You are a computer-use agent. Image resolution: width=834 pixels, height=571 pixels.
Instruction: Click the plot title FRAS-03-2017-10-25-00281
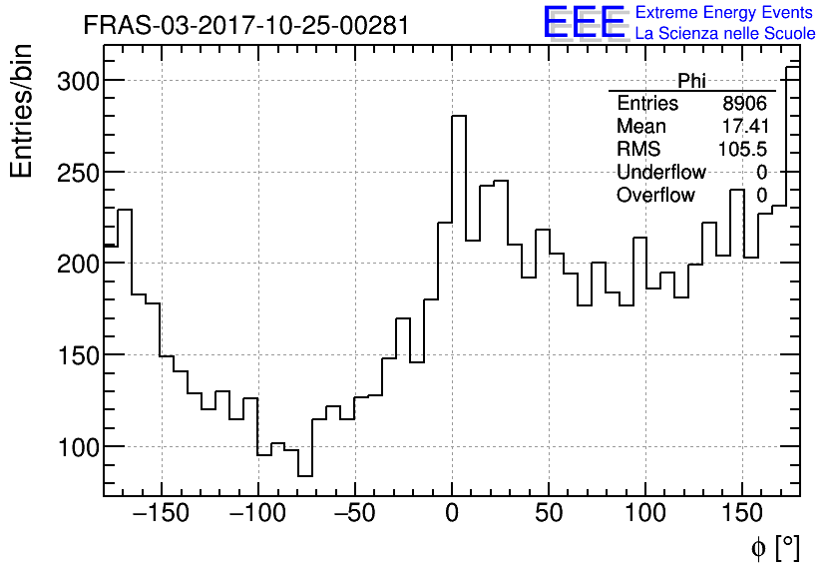coord(245,25)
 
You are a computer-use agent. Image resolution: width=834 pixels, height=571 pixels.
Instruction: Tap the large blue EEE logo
coord(584,23)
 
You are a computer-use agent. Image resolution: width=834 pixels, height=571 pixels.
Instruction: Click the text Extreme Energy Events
coord(725,13)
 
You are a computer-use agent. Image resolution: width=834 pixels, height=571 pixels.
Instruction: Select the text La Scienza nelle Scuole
coord(725,34)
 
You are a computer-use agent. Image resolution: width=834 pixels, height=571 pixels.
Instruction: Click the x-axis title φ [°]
coord(775,547)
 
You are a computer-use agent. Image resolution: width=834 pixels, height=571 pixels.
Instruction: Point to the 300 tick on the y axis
coord(76,81)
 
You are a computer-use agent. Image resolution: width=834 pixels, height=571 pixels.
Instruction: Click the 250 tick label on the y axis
coord(76,173)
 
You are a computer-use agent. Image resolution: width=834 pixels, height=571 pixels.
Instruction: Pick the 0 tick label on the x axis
coord(452,515)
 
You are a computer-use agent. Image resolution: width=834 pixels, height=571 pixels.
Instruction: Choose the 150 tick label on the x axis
coord(742,515)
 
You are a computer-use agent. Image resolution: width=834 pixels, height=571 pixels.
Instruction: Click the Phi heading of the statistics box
coord(692,81)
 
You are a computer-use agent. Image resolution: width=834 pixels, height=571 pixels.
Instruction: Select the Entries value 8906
coord(745,104)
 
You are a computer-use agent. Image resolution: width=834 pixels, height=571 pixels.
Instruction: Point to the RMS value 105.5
coord(743,149)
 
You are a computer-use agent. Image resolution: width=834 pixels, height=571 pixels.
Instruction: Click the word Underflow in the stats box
coord(661,172)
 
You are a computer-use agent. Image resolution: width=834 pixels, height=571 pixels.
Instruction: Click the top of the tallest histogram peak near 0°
coord(459,117)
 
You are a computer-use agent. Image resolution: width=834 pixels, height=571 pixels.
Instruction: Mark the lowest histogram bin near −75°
coord(305,475)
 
